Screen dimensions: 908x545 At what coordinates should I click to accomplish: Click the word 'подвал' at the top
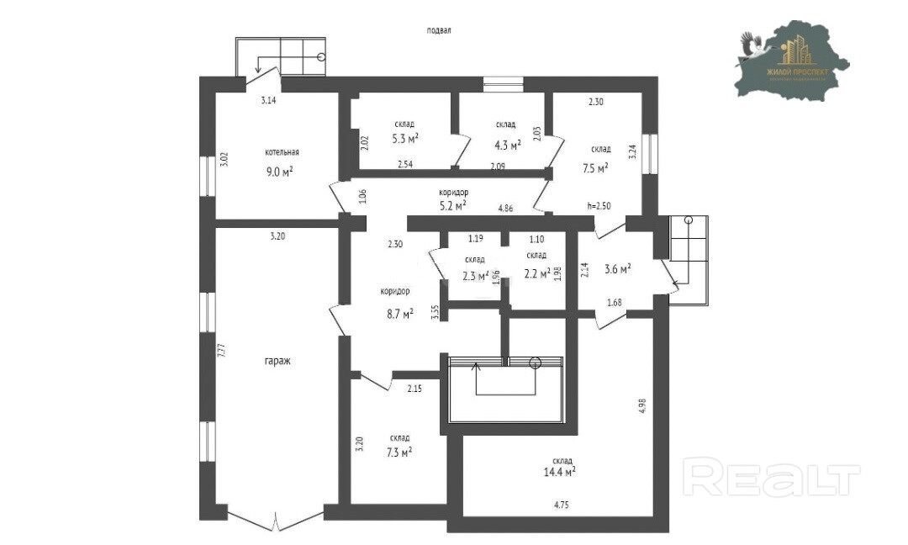tap(439, 30)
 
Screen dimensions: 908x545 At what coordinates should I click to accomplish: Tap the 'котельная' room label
tap(282, 153)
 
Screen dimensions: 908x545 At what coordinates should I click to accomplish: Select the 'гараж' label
tap(277, 361)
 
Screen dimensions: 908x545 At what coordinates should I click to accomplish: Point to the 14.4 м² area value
tap(559, 473)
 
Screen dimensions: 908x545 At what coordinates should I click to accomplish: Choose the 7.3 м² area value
tap(399, 452)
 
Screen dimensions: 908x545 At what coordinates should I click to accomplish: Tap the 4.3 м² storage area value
tap(507, 143)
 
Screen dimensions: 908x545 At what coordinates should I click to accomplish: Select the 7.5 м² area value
tap(595, 167)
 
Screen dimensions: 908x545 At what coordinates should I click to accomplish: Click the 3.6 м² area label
tap(617, 270)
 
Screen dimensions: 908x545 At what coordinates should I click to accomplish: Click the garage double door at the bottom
tap(276, 518)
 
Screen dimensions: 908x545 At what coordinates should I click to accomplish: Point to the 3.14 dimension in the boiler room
tap(268, 100)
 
